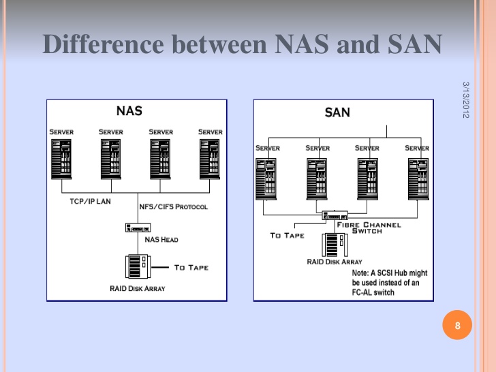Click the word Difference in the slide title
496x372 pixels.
pyautogui.click(x=103, y=44)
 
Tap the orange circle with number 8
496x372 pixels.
pyautogui.click(x=457, y=325)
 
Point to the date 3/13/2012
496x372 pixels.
pyautogui.click(x=465, y=100)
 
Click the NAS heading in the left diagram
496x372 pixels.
pyautogui.click(x=129, y=111)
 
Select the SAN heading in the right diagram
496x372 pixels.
pyautogui.click(x=337, y=112)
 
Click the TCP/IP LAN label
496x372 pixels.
pyautogui.click(x=90, y=202)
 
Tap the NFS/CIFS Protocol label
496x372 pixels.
pyautogui.click(x=173, y=207)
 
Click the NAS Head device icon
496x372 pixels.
pyautogui.click(x=138, y=228)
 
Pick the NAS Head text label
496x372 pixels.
pyautogui.click(x=161, y=240)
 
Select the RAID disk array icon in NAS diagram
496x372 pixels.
pyautogui.click(x=138, y=266)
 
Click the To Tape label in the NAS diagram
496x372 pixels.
pyautogui.click(x=191, y=268)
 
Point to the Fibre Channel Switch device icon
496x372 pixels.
pyautogui.click(x=335, y=215)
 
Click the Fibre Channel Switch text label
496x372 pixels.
pyautogui.click(x=369, y=228)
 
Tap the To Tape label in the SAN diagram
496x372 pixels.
pyautogui.click(x=288, y=235)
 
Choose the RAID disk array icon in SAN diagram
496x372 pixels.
pyautogui.click(x=335, y=245)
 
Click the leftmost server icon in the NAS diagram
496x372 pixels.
pyautogui.click(x=61, y=159)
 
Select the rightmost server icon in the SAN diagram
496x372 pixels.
pyautogui.click(x=418, y=179)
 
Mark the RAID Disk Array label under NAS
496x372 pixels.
pyautogui.click(x=138, y=288)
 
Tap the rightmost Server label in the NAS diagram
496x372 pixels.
pyautogui.click(x=211, y=132)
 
